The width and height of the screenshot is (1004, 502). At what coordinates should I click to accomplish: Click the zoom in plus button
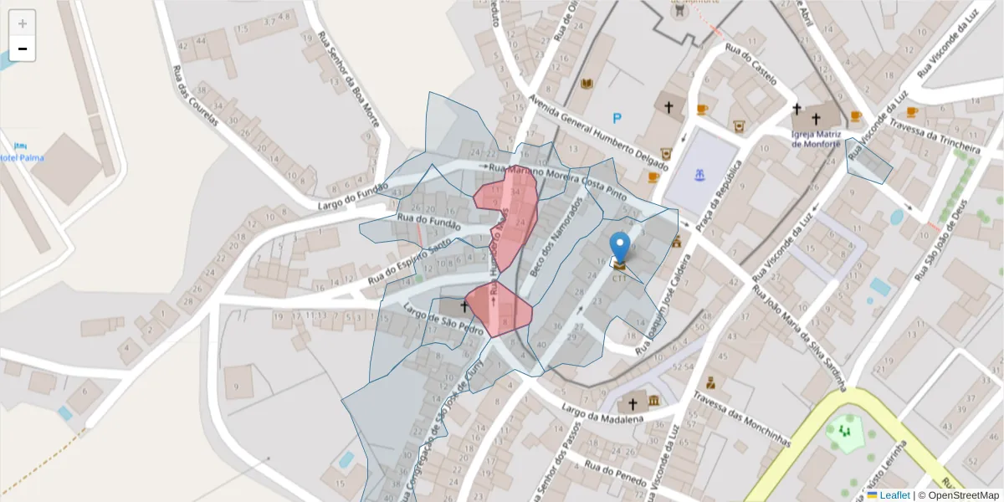pos(23,23)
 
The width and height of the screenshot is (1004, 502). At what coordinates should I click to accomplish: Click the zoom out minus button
pos(23,49)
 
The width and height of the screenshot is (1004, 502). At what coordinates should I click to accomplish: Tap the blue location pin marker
pos(619,248)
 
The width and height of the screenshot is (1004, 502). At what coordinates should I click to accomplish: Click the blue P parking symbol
pos(617,119)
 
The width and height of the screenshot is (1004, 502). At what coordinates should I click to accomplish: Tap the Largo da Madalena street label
pos(602,414)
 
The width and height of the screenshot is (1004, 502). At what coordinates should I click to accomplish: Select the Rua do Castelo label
pos(751,64)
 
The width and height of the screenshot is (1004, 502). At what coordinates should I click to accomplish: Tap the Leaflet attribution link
pos(894,494)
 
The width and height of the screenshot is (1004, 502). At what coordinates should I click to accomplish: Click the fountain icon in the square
pos(700,175)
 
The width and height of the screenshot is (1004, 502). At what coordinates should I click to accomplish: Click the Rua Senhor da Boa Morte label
pos(348,79)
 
